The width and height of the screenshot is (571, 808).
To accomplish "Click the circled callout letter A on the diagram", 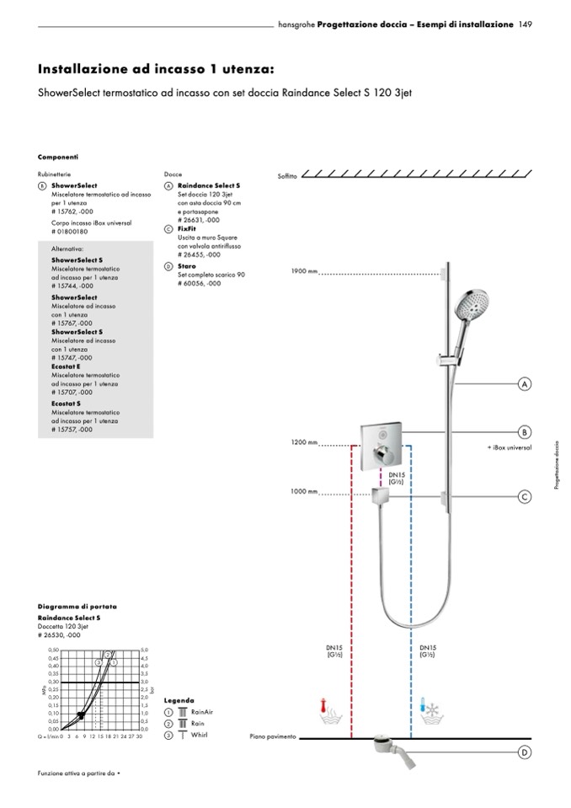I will [524, 384].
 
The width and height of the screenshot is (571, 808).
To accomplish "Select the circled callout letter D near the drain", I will [524, 752].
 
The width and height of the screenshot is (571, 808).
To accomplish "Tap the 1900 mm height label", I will [304, 272].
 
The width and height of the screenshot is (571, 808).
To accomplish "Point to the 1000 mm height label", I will [304, 491].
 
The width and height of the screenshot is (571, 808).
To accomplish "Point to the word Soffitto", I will [287, 176].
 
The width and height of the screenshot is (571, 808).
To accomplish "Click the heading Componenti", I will [58, 157].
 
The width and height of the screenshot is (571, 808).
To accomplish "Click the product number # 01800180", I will [70, 231].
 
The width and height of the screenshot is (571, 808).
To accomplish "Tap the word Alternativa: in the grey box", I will [67, 249].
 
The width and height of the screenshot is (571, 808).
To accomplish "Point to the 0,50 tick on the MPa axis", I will [54, 650].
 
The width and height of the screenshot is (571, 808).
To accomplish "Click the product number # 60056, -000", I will [200, 283].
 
